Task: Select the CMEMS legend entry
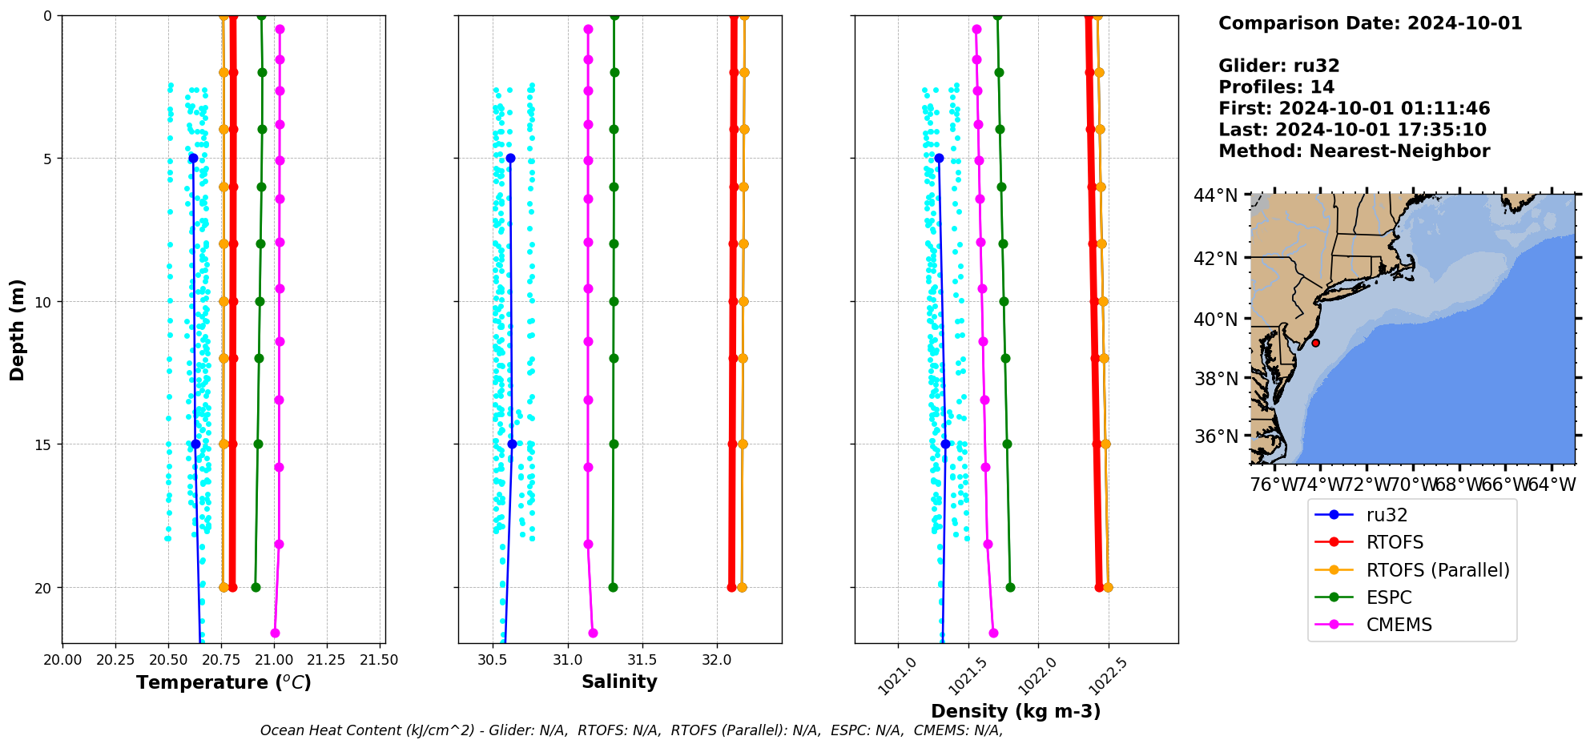[1399, 625]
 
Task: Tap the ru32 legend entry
[1387, 515]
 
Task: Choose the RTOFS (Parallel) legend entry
[1437, 570]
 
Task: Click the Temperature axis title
[223, 682]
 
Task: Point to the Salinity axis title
[619, 682]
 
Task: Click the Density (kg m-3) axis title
[1016, 711]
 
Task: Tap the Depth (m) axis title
[18, 329]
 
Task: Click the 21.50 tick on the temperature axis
[379, 660]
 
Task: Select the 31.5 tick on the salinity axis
[642, 660]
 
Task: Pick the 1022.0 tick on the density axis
[1033, 675]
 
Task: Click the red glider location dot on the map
[1315, 343]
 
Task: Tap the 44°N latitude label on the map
[1215, 195]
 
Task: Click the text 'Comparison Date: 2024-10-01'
[1370, 23]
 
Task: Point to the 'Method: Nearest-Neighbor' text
[1354, 151]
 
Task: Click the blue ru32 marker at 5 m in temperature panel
[193, 159]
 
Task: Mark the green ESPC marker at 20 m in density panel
[1010, 587]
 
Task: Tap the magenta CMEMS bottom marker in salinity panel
[593, 633]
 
